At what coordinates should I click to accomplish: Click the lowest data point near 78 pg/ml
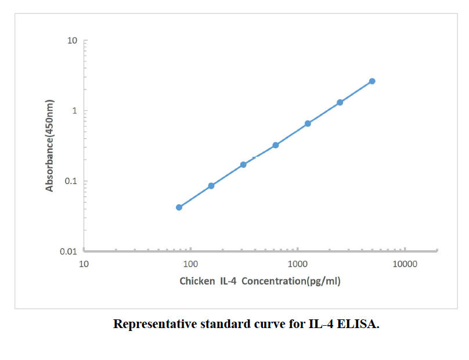pos(179,207)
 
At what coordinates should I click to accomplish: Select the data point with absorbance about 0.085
pos(211,186)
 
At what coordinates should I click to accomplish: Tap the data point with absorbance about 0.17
pos(243,164)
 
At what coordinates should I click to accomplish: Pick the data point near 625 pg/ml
pos(276,145)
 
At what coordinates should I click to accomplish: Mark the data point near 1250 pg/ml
pos(308,124)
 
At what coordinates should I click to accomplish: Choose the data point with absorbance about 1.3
pos(340,102)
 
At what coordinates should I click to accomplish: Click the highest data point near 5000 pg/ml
pos(372,81)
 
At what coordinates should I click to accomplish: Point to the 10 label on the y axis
pos(72,41)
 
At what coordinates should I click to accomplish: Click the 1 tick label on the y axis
pos(75,111)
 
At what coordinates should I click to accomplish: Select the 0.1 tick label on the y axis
pos(71,181)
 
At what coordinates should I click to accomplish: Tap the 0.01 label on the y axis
pos(69,251)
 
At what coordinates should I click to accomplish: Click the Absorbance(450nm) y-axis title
pos(50,145)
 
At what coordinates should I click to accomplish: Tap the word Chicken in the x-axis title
pos(197,282)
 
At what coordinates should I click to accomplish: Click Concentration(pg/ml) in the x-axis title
pos(291,282)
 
